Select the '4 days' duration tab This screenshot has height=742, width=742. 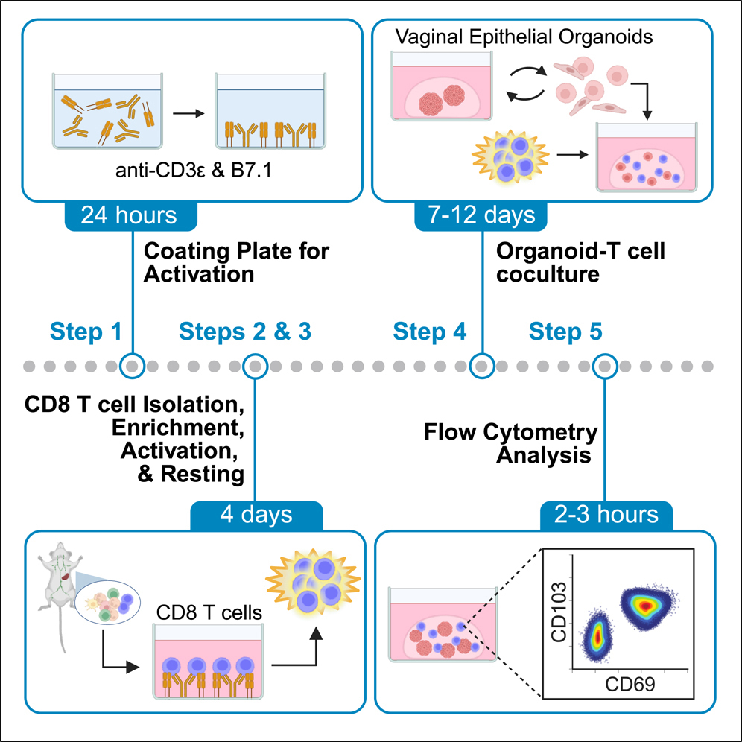(256, 515)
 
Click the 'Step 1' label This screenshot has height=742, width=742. (86, 331)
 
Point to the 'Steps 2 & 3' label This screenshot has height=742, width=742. (245, 331)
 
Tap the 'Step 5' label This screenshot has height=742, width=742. (566, 331)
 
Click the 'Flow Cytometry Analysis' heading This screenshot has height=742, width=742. (510, 443)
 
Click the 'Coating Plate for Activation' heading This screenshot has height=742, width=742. (235, 263)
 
